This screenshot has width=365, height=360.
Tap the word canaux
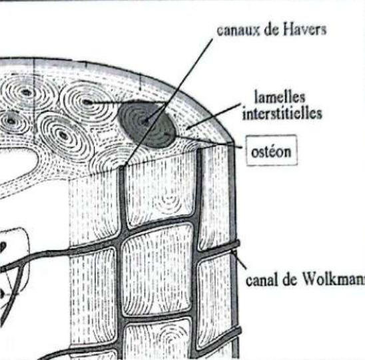point(238,31)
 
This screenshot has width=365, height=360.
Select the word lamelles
point(280,96)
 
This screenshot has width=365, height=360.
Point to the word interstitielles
point(282,113)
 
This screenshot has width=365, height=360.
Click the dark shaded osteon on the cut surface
point(146,125)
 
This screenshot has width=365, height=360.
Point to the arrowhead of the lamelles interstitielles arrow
point(188,128)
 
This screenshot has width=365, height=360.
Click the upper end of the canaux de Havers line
point(212,39)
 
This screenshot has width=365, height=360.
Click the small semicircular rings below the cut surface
point(168,202)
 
